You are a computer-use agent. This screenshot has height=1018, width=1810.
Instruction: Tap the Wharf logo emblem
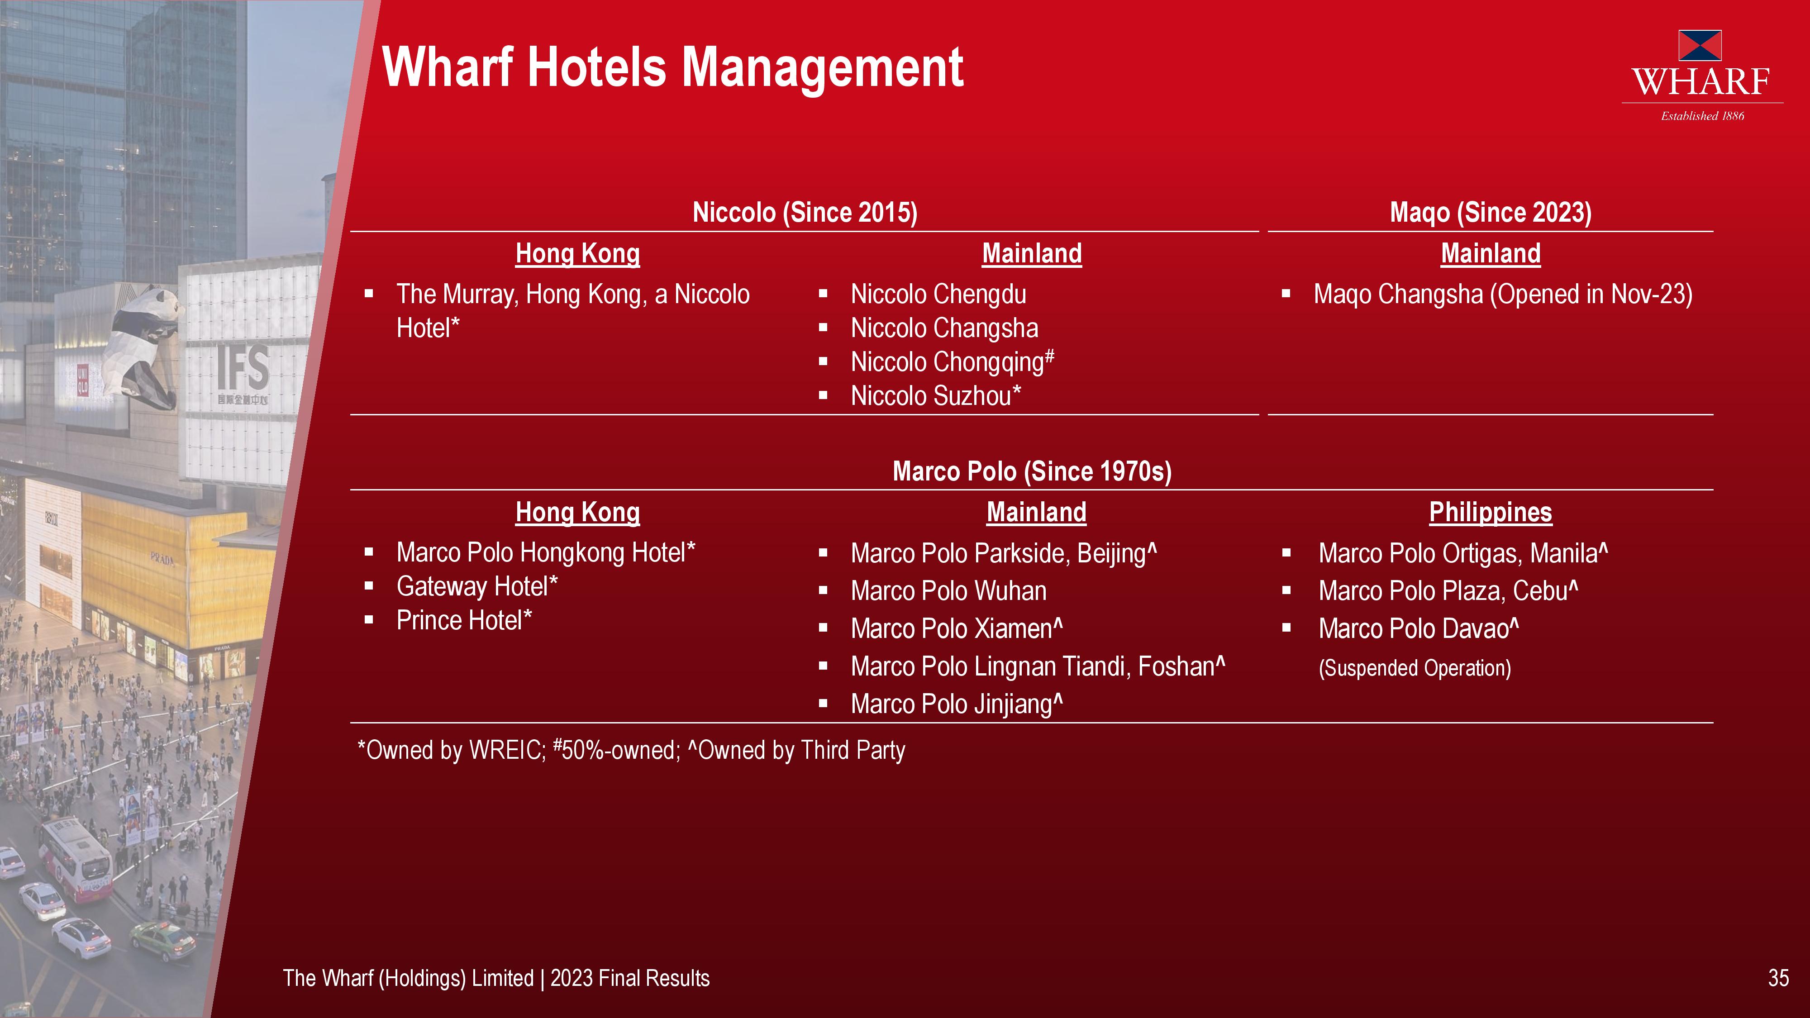(1700, 45)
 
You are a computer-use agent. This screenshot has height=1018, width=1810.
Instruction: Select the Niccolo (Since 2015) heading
(805, 212)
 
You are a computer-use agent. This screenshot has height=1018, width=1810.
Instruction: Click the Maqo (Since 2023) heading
(1490, 212)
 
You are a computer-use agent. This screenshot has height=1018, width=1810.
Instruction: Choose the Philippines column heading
(1490, 512)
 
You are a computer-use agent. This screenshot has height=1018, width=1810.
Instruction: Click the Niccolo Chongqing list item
(952, 362)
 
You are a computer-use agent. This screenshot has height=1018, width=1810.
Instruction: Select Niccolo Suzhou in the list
(935, 395)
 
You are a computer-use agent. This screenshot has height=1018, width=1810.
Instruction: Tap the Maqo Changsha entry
(1503, 295)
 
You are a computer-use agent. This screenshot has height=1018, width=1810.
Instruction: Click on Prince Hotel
(464, 620)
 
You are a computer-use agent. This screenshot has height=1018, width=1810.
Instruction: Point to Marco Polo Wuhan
(948, 591)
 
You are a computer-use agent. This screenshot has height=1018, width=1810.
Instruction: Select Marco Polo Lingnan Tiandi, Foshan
(1038, 666)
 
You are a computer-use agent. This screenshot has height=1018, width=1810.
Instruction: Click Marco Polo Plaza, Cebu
(1448, 591)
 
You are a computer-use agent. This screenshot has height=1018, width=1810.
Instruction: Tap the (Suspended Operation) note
(1415, 667)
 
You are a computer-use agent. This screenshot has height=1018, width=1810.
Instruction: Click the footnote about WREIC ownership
(631, 750)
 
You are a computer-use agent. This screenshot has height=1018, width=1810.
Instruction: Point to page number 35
(1778, 978)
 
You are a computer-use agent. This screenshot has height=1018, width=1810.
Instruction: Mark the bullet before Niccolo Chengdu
(823, 295)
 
